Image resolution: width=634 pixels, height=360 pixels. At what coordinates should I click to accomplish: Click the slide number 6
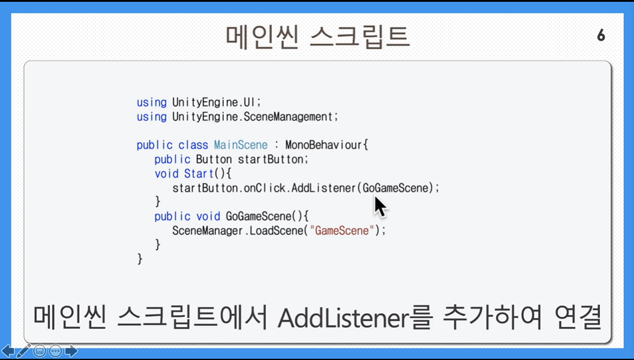pos(601,35)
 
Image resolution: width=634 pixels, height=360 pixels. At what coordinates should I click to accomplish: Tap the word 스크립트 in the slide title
pos(360,37)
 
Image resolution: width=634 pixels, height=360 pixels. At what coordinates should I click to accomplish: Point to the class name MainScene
pos(241,145)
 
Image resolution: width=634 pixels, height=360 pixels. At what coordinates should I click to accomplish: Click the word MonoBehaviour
pos(324,145)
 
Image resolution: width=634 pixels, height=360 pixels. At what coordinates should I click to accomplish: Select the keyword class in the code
pos(193,145)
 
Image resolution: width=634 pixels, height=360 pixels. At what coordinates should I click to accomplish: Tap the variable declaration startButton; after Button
pos(273,159)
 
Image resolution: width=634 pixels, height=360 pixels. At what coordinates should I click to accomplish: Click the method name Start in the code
pos(199,174)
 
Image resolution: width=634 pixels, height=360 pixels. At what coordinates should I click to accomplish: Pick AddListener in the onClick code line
pos(324,188)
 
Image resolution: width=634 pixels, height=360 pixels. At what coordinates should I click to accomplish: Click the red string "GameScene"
pos(342,231)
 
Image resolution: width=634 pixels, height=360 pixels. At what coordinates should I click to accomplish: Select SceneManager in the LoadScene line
pos(207,231)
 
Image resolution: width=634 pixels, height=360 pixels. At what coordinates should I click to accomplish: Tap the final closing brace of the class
pos(140,259)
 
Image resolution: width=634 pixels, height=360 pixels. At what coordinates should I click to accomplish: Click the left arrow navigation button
pos(8,351)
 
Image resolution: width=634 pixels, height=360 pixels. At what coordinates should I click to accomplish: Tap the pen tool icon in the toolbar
pos(23,351)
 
